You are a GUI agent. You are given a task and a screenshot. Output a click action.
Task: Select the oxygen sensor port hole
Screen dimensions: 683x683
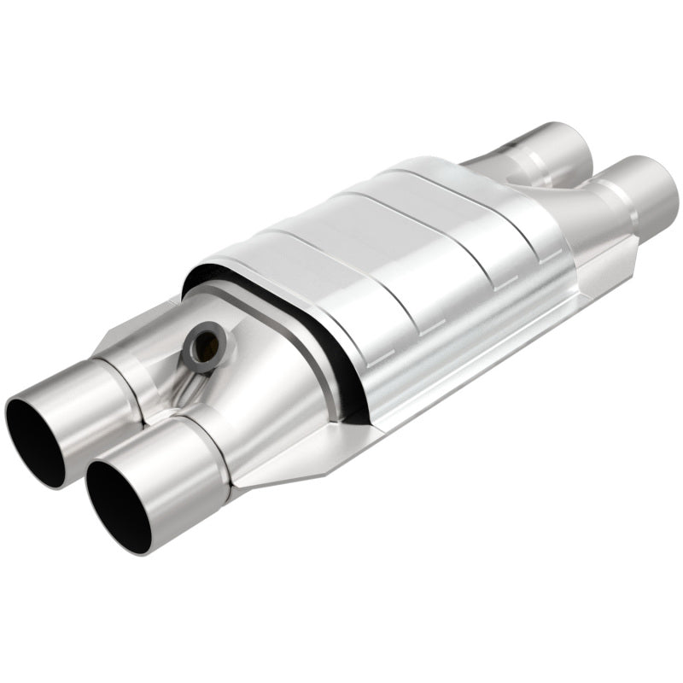pyautogui.click(x=207, y=341)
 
